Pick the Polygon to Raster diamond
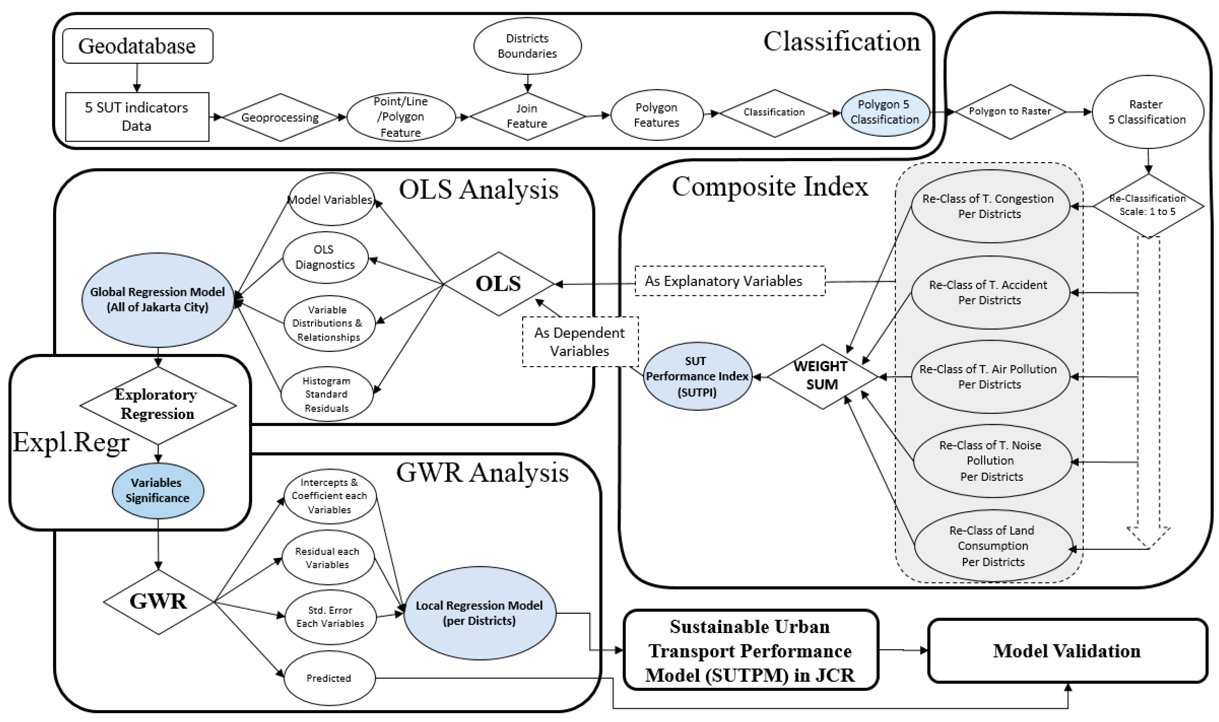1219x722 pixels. [1010, 111]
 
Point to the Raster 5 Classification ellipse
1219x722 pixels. [1147, 112]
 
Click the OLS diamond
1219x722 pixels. [499, 284]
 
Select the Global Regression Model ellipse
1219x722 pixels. [157, 300]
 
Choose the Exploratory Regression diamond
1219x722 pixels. [157, 405]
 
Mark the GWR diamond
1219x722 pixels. [159, 602]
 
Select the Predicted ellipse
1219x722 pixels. [329, 678]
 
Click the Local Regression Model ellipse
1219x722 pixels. [479, 613]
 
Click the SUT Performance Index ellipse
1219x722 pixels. [697, 376]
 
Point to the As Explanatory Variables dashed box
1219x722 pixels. [730, 281]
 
